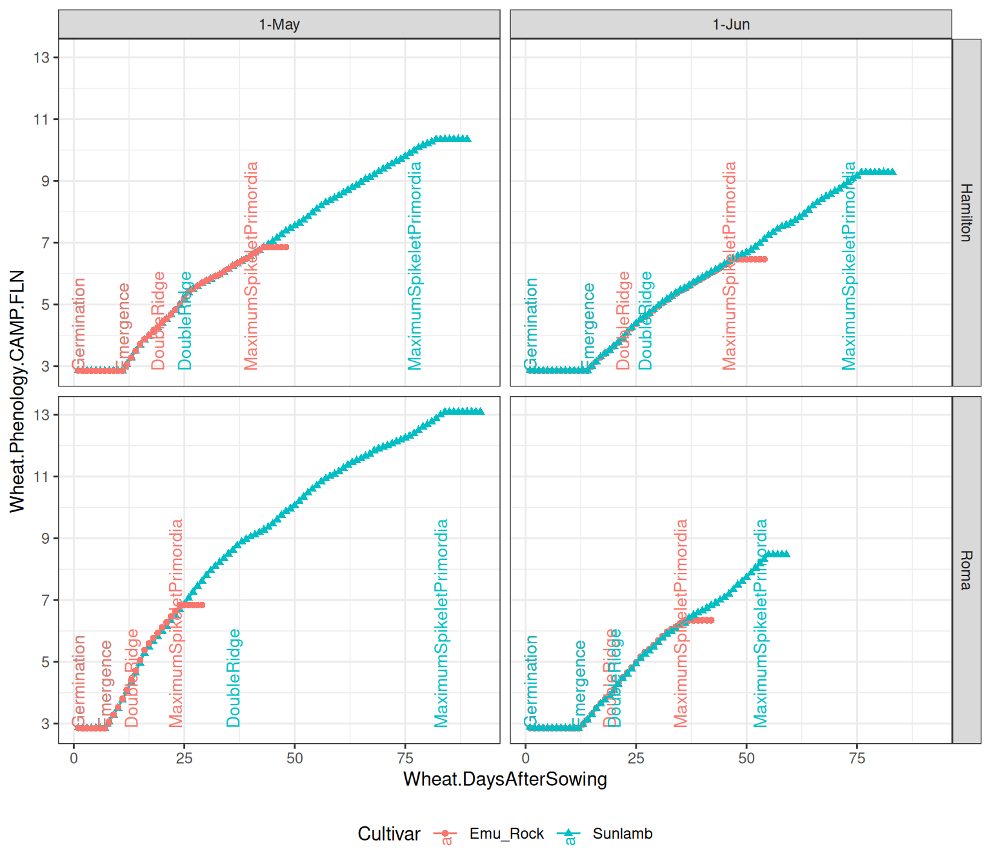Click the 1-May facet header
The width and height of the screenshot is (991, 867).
pyautogui.click(x=279, y=25)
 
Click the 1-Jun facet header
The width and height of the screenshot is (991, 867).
pyautogui.click(x=730, y=25)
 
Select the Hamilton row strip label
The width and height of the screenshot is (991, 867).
pyautogui.click(x=966, y=212)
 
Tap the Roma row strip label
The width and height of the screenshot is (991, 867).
pyautogui.click(x=966, y=570)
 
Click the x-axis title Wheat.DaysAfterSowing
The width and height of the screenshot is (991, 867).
pyautogui.click(x=505, y=779)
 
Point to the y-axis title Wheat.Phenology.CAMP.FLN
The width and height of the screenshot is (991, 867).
pyautogui.click(x=17, y=391)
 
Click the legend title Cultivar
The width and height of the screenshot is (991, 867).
pyautogui.click(x=388, y=833)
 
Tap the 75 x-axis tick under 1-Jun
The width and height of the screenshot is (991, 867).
pyautogui.click(x=857, y=758)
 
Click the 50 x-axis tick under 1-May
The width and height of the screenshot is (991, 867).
pyautogui.click(x=294, y=758)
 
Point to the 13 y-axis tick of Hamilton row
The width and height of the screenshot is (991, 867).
pyautogui.click(x=42, y=57)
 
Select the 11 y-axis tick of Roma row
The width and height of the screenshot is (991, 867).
pyautogui.click(x=42, y=477)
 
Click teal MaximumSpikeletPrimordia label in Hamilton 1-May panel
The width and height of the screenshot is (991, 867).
pyautogui.click(x=415, y=266)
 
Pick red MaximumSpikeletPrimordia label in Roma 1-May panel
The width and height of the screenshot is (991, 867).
pyautogui.click(x=176, y=623)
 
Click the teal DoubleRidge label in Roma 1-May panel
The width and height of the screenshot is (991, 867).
pyautogui.click(x=234, y=678)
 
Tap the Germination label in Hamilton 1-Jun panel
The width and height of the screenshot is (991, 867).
pyautogui.click(x=531, y=324)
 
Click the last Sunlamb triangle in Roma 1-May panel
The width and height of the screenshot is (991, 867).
pyautogui.click(x=480, y=411)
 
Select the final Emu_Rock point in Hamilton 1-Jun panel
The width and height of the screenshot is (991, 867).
pyautogui.click(x=765, y=259)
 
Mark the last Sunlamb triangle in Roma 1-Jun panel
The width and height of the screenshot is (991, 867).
pyautogui.click(x=786, y=553)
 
